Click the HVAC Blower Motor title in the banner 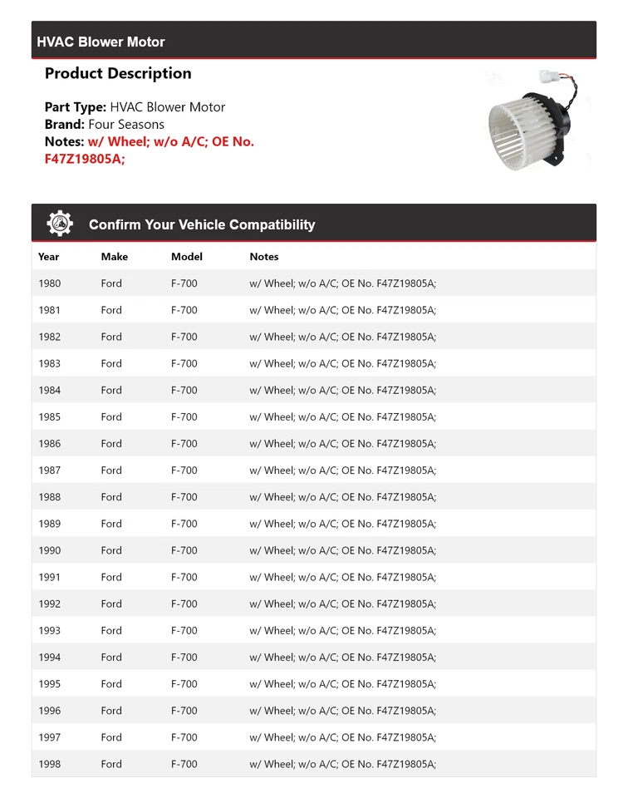click(x=101, y=42)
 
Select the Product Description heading click(x=118, y=73)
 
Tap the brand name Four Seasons click(x=126, y=124)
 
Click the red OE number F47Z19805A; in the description click(x=85, y=159)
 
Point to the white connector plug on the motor click(x=549, y=77)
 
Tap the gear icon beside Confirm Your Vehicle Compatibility click(x=60, y=224)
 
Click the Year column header click(x=49, y=257)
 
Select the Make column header click(x=115, y=257)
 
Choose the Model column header click(x=187, y=257)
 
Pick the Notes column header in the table click(x=264, y=257)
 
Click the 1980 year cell click(x=50, y=283)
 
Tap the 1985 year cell click(x=50, y=416)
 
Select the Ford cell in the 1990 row click(x=111, y=550)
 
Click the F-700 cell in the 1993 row click(x=184, y=630)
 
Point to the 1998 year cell click(x=50, y=764)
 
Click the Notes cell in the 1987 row click(x=342, y=470)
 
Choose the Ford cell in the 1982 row click(x=111, y=337)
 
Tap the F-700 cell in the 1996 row click(x=184, y=711)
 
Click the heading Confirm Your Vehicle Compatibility click(x=202, y=224)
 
